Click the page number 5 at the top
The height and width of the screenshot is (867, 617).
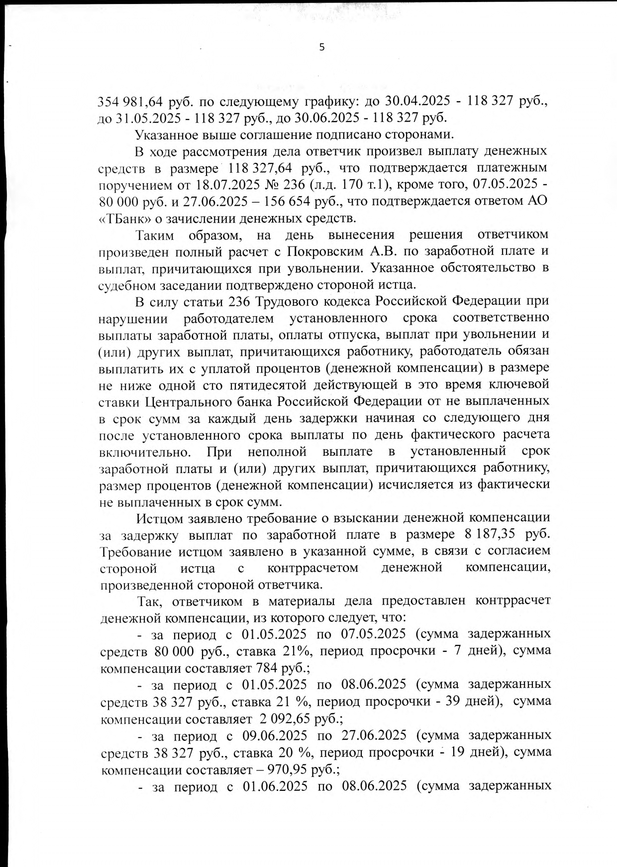pyautogui.click(x=321, y=47)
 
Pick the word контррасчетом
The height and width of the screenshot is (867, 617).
pyautogui.click(x=313, y=568)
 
